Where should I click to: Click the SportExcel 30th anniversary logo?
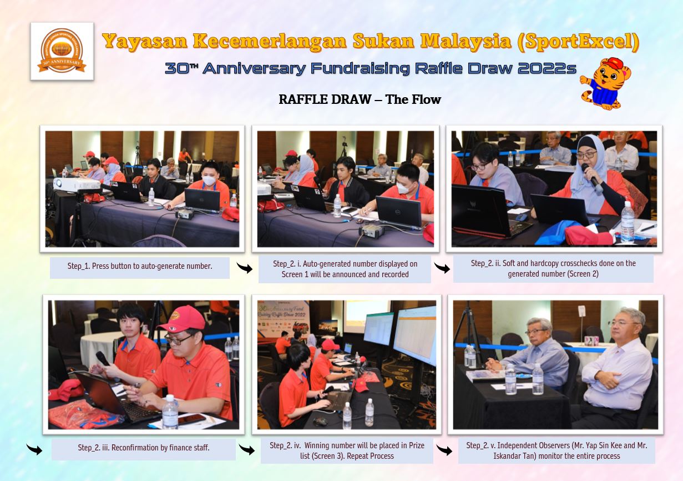(x=62, y=51)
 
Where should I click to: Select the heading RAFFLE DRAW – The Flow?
(x=360, y=99)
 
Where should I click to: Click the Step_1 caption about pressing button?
(x=139, y=266)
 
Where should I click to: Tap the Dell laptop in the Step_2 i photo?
(x=399, y=212)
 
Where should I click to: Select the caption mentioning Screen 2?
(x=553, y=268)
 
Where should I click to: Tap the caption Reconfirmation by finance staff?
(x=143, y=447)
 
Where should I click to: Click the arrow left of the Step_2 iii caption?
(x=34, y=449)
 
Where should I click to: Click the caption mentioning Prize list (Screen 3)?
(x=346, y=450)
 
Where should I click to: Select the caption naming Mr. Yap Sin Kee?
(x=556, y=450)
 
